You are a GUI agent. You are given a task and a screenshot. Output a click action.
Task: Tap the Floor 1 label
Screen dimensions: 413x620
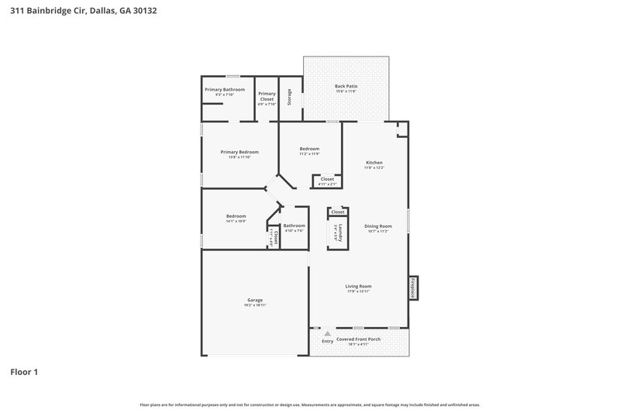[24, 372]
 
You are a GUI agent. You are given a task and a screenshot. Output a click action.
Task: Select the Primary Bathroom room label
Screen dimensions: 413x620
[225, 90]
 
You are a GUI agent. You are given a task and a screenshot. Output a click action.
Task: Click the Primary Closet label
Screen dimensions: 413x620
[267, 97]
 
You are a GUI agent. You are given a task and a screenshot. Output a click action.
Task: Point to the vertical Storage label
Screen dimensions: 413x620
[290, 98]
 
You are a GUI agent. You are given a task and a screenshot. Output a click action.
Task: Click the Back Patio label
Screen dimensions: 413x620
[346, 86]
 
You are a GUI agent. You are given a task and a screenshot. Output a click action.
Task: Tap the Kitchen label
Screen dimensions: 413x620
[374, 163]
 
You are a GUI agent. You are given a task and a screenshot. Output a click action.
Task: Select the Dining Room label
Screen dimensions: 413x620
[378, 226]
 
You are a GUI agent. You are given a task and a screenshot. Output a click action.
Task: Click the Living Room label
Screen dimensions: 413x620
[358, 287]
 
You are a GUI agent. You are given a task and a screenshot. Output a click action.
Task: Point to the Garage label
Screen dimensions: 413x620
[255, 300]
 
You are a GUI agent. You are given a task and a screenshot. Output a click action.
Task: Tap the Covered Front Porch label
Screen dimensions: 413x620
[358, 339]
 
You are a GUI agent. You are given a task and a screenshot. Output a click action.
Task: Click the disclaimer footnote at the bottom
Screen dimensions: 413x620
[310, 404]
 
